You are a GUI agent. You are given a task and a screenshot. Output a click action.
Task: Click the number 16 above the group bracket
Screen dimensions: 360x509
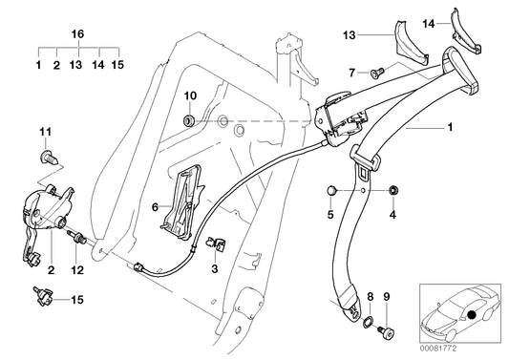tap(77, 31)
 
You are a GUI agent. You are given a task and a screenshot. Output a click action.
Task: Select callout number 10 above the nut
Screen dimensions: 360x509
tap(189, 95)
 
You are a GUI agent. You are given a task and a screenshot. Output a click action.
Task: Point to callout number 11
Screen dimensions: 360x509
tap(45, 131)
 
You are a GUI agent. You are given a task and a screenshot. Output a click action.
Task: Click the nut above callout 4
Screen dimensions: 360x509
tap(392, 194)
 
